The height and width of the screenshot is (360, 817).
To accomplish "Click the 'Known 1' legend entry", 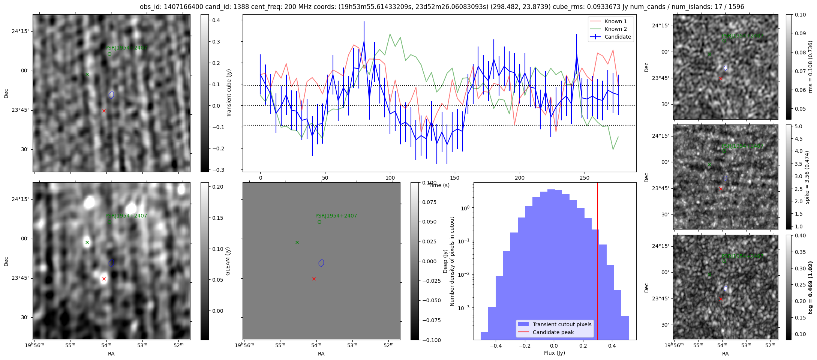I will coord(615,21).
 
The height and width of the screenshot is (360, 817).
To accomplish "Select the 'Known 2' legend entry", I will coord(615,29).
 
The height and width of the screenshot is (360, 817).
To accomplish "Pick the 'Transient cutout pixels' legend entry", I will coord(562,324).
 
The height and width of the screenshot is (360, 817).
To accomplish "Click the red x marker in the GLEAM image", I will coord(104,279).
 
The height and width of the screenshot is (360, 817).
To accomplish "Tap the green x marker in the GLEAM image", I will coord(87,242).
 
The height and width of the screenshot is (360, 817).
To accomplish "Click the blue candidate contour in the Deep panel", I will coord(321,263).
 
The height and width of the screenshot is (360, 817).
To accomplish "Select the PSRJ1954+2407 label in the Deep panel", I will coord(336,216).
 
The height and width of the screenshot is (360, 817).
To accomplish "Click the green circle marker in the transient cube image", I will coord(109,54).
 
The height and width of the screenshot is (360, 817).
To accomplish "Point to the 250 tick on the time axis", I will coord(584,178).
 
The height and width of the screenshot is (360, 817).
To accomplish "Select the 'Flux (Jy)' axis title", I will coord(554,353).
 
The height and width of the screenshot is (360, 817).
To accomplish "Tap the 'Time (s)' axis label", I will coord(439,185).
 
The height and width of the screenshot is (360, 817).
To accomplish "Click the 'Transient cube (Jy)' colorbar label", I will coord(229,93).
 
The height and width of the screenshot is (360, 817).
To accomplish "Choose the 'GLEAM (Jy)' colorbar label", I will coord(228,261).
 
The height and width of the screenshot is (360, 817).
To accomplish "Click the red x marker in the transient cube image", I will coord(104,111).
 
